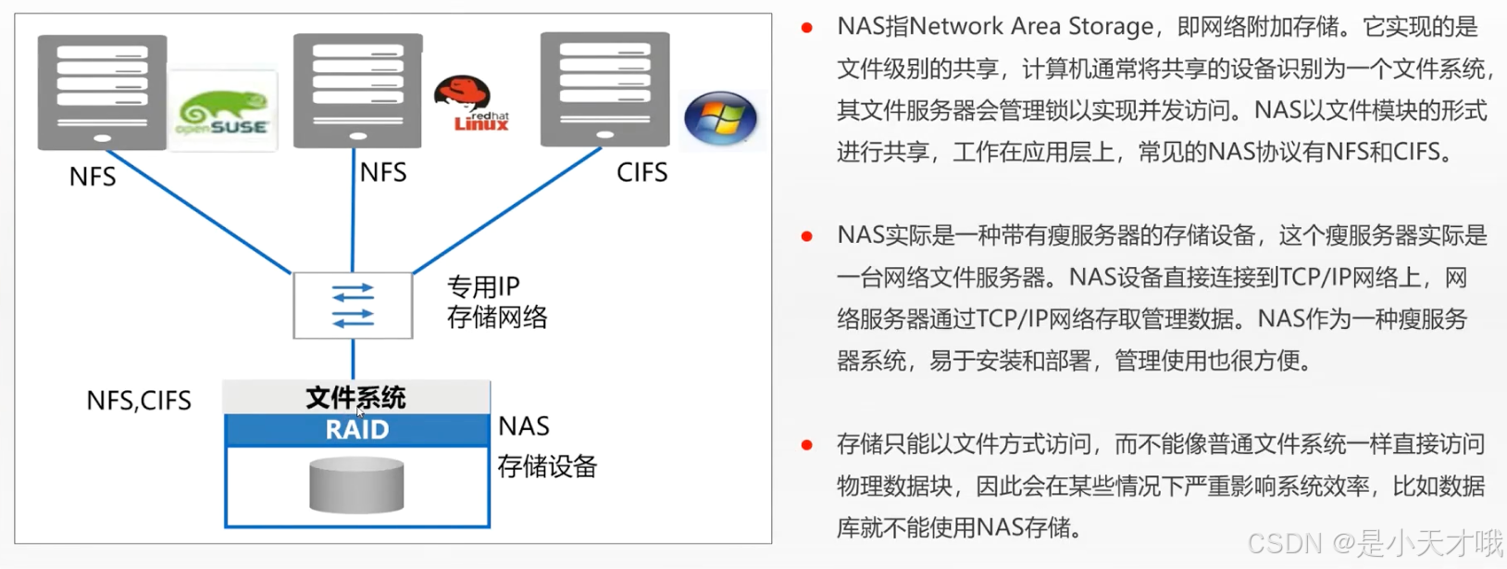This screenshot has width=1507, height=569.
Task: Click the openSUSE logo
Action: coord(223,111)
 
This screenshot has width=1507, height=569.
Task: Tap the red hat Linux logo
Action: coord(469,104)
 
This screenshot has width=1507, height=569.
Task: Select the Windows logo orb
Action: coord(720,119)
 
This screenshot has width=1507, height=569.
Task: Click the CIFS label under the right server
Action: coord(641,172)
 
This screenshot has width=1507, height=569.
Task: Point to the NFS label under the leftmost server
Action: coord(93,177)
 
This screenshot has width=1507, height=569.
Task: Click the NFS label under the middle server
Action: coord(383,172)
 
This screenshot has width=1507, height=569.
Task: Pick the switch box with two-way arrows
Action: coord(353,306)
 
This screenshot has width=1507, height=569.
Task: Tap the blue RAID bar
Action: coord(357,430)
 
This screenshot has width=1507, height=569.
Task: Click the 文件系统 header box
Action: coord(356,398)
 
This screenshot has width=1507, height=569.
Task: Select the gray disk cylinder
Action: coord(356,485)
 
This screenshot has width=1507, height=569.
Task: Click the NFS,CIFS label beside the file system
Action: coord(139,400)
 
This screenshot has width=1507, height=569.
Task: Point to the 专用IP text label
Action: coord(483,286)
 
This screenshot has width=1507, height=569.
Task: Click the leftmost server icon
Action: coord(102,91)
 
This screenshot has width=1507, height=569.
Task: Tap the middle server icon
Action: coord(357,90)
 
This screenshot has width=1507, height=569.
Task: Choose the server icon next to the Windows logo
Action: coord(604,88)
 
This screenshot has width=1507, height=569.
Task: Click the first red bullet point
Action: coord(807,28)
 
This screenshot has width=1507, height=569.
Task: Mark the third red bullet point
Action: coord(807,446)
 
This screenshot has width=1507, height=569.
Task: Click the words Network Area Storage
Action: coord(1031,26)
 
